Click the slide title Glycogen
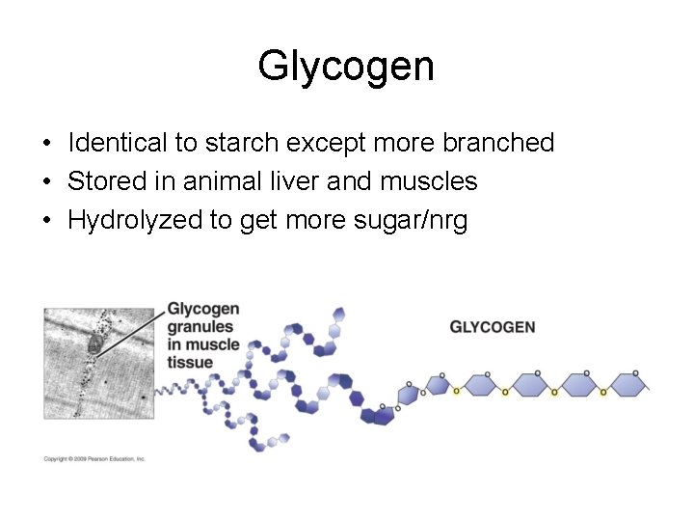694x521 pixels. coord(346,67)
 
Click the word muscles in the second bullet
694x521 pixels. coord(431,181)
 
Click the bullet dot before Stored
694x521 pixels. coord(46,182)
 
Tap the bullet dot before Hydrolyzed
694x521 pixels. coord(46,221)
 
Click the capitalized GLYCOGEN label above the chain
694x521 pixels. coord(492,327)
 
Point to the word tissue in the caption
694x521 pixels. coord(190,363)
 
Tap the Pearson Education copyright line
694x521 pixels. coord(94,459)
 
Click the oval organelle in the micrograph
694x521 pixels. coord(95,346)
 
